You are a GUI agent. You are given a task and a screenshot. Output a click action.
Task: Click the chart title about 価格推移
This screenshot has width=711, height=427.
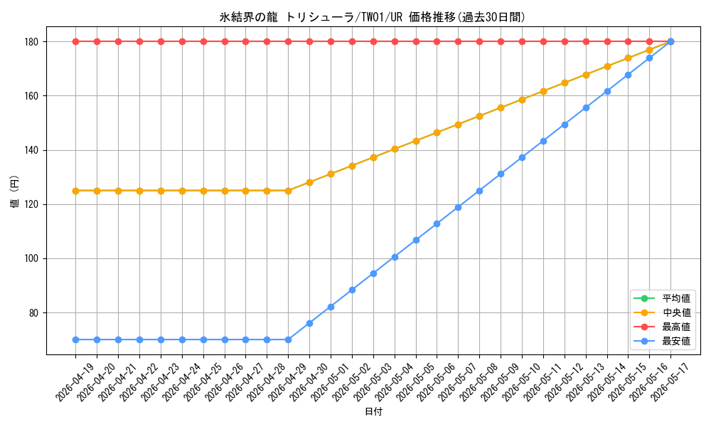click(372, 17)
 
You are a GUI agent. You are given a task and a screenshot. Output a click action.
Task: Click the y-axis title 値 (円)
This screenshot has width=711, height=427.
click(14, 191)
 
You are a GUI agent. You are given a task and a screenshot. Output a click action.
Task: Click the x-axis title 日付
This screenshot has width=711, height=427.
click(374, 411)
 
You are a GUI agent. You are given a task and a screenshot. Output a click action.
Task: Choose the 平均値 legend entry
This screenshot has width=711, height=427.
click(663, 298)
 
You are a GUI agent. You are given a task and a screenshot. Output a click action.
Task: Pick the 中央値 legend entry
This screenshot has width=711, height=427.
click(663, 312)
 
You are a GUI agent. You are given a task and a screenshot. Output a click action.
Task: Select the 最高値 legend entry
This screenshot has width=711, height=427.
click(663, 327)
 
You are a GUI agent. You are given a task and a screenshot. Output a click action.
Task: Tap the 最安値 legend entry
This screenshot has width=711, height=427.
click(663, 341)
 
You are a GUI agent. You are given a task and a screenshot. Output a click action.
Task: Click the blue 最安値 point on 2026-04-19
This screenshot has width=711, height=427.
click(76, 340)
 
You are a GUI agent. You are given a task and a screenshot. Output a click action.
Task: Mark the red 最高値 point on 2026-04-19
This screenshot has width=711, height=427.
click(76, 42)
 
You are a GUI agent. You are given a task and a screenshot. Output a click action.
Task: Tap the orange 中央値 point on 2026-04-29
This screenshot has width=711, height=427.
click(288, 191)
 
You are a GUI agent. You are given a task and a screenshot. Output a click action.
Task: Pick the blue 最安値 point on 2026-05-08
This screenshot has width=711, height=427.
click(479, 191)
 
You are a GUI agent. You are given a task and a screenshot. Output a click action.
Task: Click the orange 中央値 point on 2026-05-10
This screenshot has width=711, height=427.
click(522, 100)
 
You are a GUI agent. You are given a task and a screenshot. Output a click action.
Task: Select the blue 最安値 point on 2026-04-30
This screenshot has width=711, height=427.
click(309, 324)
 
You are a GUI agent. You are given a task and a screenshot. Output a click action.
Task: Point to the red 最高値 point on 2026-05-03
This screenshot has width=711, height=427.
click(373, 42)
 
